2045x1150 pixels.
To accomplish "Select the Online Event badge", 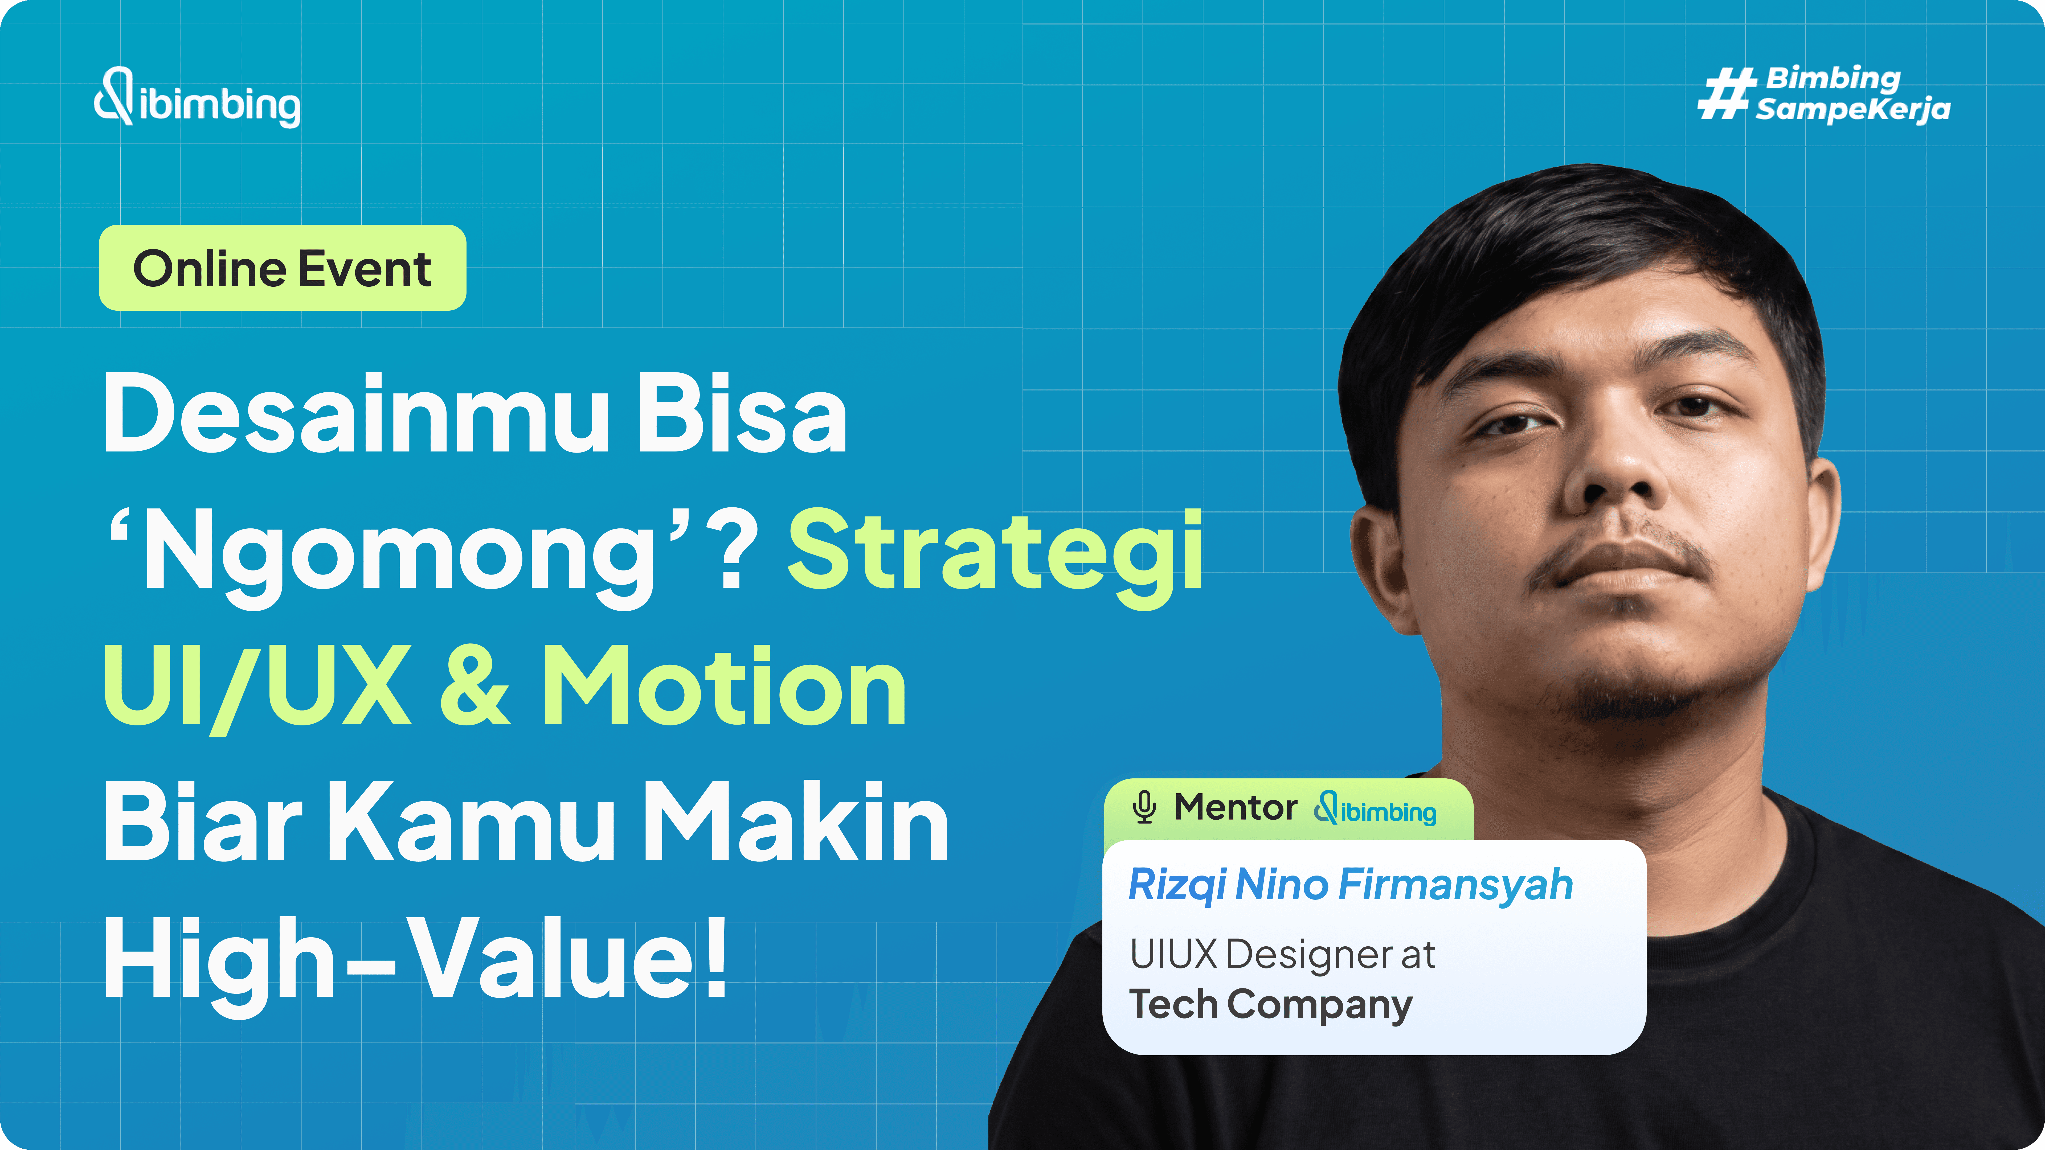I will pyautogui.click(x=282, y=268).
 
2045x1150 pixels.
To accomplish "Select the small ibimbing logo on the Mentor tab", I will pyautogui.click(x=1375, y=810).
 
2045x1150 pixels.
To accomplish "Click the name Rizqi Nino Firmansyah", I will pyautogui.click(x=1349, y=885).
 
